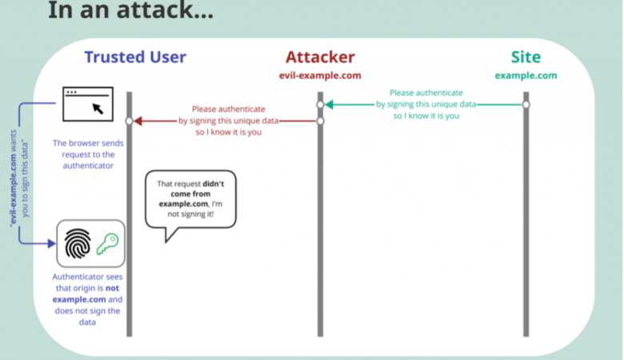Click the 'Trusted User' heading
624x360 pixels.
pyautogui.click(x=135, y=57)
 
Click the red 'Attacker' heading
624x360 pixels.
pyautogui.click(x=320, y=57)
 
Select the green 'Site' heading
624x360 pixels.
pyautogui.click(x=526, y=57)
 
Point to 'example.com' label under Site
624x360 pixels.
pyautogui.click(x=526, y=75)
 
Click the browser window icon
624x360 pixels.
pyautogui.click(x=88, y=104)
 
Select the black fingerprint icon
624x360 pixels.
pyautogui.click(x=78, y=242)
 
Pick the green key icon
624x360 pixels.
pyautogui.click(x=107, y=243)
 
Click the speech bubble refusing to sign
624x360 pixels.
pyautogui.click(x=191, y=199)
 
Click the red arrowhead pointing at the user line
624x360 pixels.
pyautogui.click(x=138, y=121)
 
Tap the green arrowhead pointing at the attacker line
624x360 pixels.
pyautogui.click(x=328, y=104)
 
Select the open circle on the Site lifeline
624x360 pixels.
pyautogui.click(x=526, y=104)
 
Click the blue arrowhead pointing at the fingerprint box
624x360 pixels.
pyautogui.click(x=51, y=243)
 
